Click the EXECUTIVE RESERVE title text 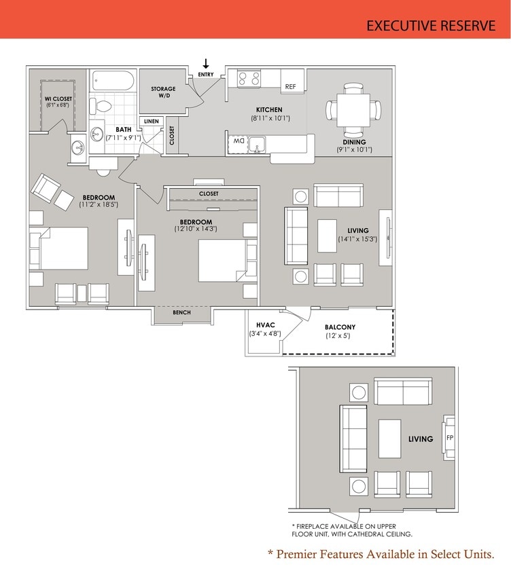point(430,26)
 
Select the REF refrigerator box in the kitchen point(290,86)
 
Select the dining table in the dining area point(353,109)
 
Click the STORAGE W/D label point(163,92)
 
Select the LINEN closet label point(151,121)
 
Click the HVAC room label point(265,325)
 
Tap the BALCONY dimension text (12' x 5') point(337,336)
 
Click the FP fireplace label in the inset point(449,438)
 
